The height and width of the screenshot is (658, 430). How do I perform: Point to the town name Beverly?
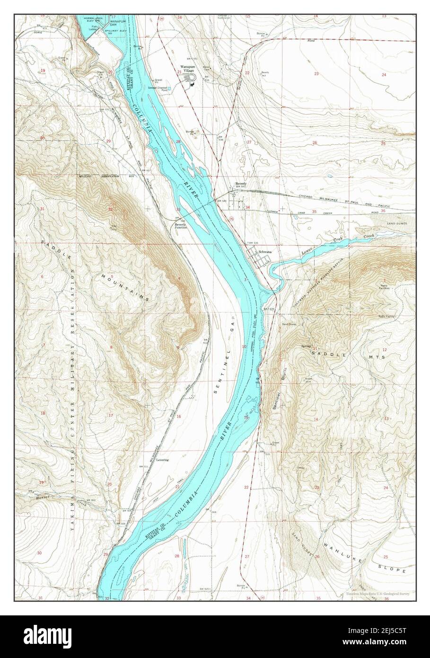pyautogui.click(x=241, y=184)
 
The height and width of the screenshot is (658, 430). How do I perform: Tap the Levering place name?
pyautogui.click(x=162, y=459)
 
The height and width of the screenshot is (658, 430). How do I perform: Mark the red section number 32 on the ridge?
pyautogui.click(x=110, y=209)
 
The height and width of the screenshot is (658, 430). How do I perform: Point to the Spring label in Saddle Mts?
pyautogui.click(x=305, y=347)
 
